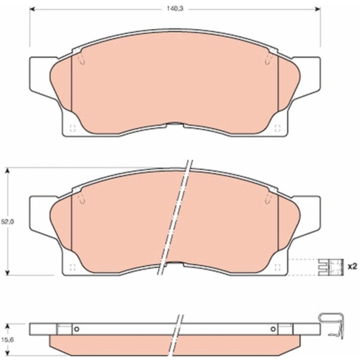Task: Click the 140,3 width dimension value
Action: point(175,10)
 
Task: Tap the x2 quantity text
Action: point(352,266)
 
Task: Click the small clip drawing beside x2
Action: point(330,267)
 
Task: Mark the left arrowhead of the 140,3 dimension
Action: point(32,10)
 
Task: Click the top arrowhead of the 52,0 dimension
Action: point(7,171)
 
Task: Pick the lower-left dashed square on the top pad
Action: point(72,128)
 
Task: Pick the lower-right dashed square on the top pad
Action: point(277,128)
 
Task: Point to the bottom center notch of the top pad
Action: point(175,125)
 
